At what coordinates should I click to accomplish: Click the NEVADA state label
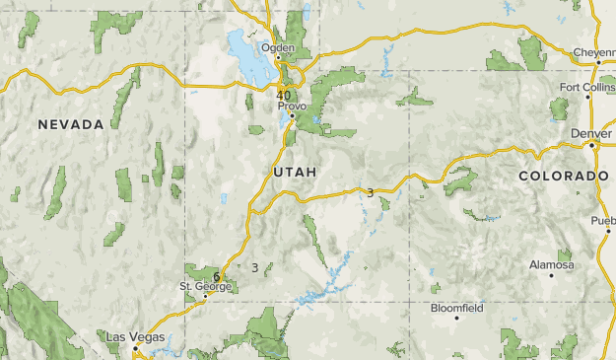click(71, 124)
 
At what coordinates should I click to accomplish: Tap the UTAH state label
click(294, 172)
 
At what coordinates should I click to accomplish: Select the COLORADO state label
click(563, 176)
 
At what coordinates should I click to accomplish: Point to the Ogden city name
click(278, 47)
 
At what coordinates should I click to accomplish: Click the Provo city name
click(293, 105)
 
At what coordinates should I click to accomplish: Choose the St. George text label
click(205, 286)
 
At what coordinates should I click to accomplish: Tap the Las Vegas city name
click(136, 337)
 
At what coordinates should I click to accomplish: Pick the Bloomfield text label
click(456, 308)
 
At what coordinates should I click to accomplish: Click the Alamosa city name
click(551, 264)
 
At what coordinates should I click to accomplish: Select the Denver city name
click(589, 132)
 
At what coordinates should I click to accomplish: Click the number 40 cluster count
click(284, 95)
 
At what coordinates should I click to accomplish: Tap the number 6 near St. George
click(216, 276)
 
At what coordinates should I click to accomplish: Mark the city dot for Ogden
click(278, 57)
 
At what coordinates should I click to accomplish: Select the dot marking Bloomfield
click(456, 318)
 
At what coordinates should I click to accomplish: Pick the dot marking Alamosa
click(551, 274)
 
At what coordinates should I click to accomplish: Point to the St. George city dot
click(204, 295)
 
